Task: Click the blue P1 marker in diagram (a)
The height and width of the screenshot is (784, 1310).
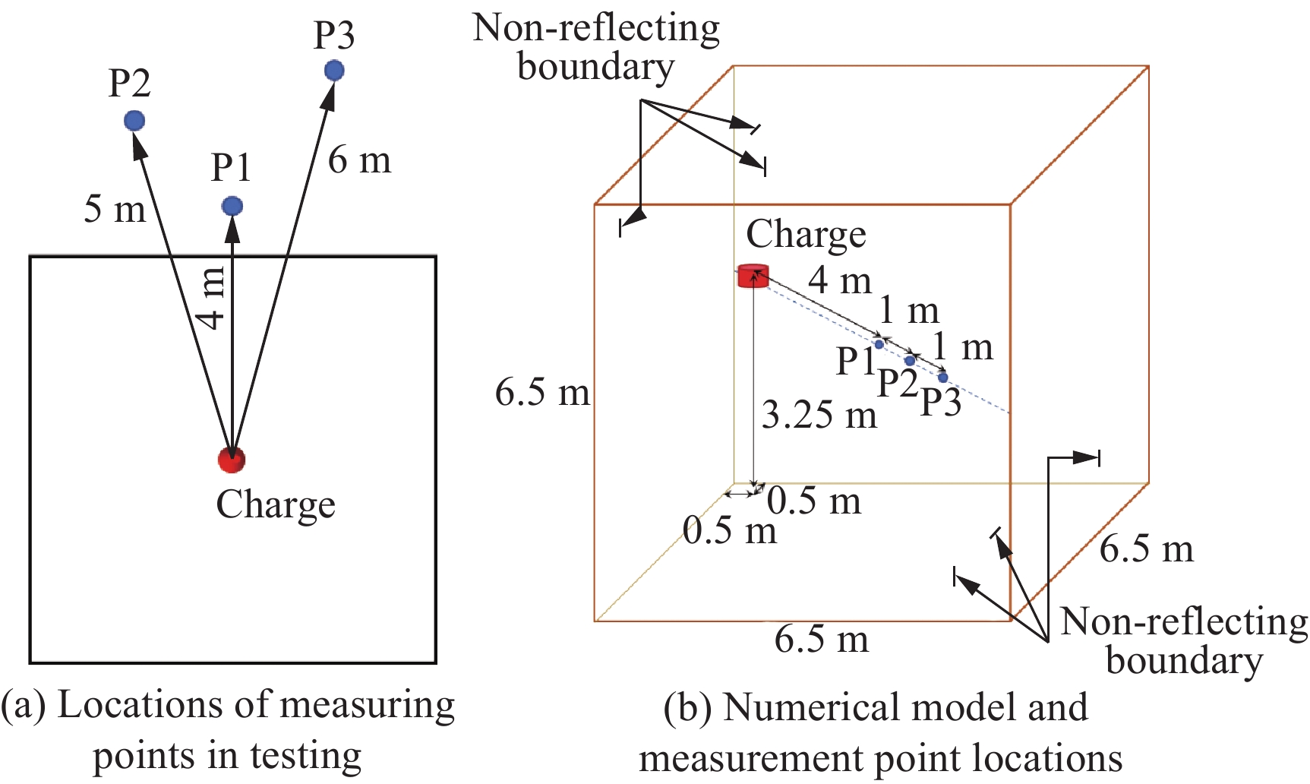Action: tap(232, 206)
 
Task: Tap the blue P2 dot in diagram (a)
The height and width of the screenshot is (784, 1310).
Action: tap(134, 120)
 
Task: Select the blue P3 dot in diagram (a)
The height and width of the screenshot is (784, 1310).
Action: tap(334, 71)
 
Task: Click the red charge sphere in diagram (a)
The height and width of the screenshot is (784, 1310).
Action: tap(232, 459)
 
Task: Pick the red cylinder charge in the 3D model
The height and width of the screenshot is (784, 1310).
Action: tap(753, 276)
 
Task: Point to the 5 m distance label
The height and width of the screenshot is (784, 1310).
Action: tap(115, 209)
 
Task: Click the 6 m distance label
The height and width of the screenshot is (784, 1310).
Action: tap(360, 160)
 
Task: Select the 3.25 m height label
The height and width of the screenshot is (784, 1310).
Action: tap(819, 416)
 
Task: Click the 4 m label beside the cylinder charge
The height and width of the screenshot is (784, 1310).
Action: tap(839, 280)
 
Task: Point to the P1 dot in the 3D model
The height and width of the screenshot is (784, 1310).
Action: tap(879, 344)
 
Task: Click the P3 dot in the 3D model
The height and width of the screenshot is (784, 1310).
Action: tap(943, 378)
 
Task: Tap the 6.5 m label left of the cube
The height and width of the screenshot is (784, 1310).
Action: tap(542, 393)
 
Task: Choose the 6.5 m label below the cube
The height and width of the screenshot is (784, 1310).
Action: tap(822, 639)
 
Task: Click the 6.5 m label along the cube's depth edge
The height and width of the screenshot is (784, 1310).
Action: tap(1147, 548)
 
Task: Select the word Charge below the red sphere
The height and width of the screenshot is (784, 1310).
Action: tap(276, 504)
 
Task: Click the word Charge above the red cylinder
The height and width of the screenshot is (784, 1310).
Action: tap(806, 234)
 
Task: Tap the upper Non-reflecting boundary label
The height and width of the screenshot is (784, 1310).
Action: tap(596, 47)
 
